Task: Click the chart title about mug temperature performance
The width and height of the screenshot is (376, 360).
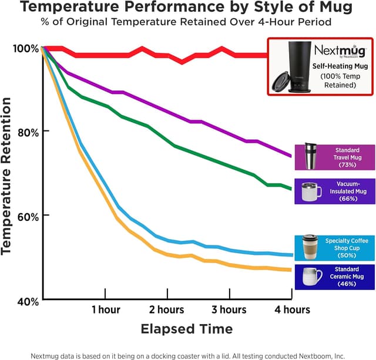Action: pos(187,8)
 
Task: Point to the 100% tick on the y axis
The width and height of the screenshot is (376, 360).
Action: pos(26,48)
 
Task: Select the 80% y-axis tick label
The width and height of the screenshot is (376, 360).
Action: pos(27,132)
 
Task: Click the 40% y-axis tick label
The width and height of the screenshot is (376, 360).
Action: pos(27,301)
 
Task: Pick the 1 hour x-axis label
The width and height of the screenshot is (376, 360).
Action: pos(106,309)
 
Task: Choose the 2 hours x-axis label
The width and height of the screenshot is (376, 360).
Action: pos(167,309)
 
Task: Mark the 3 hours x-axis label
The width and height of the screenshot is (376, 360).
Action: pos(229,309)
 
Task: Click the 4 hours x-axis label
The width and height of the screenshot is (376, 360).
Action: pos(292,309)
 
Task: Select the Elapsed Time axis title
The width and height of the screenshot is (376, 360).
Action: pos(186,328)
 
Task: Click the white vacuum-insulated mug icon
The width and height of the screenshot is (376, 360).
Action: pos(310,191)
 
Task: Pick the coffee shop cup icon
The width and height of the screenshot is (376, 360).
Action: pos(310,247)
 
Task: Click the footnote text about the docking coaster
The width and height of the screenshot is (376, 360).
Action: pos(187,355)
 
